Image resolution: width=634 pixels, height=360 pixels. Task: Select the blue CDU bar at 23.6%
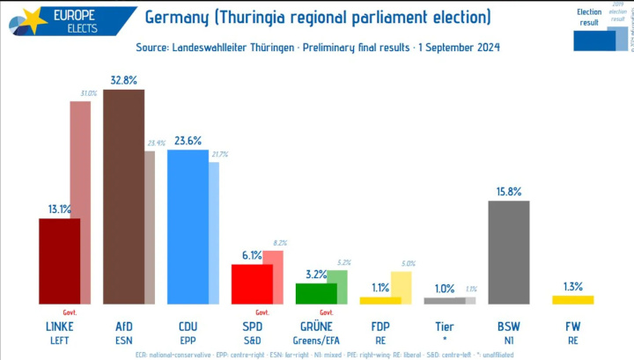click(x=188, y=227)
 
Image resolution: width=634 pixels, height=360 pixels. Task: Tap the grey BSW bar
click(x=508, y=252)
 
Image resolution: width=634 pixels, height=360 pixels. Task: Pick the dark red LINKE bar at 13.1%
click(x=59, y=261)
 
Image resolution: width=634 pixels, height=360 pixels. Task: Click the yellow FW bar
click(x=572, y=300)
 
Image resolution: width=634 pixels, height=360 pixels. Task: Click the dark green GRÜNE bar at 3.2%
click(x=315, y=293)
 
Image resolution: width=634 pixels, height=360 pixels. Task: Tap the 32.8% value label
click(x=123, y=80)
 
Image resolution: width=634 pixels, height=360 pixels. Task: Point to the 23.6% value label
click(x=188, y=140)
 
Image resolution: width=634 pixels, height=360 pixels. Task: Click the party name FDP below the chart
click(x=380, y=326)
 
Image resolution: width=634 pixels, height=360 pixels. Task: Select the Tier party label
click(x=445, y=326)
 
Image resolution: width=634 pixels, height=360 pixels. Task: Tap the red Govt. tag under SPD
click(x=262, y=312)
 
